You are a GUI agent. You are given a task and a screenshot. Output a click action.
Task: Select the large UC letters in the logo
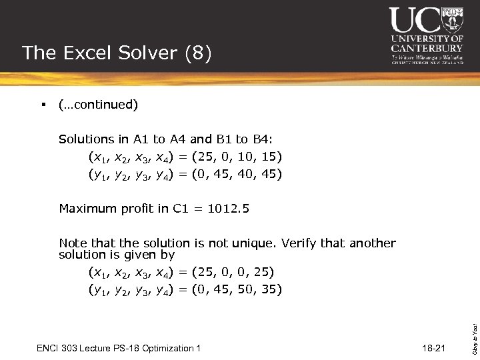pos(415,20)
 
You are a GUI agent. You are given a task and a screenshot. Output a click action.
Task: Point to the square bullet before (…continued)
pos(41,105)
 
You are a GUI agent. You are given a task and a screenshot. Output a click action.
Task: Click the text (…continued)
pos(98,105)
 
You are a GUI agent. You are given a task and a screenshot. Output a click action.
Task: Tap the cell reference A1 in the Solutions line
pos(141,139)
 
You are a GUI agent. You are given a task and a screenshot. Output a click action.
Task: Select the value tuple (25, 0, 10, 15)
pos(237,157)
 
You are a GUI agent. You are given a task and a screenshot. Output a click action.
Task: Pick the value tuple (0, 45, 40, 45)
pos(237,175)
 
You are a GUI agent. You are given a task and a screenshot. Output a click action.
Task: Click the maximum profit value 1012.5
pos(229,209)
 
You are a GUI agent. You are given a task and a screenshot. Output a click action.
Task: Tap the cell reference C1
pos(181,209)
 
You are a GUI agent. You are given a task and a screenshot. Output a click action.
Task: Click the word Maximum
pos(86,209)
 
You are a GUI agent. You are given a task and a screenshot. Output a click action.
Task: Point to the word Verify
pos(299,243)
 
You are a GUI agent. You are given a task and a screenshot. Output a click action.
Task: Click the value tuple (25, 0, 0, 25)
pos(233,272)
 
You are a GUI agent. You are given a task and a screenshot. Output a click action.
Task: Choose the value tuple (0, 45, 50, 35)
pos(237,289)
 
